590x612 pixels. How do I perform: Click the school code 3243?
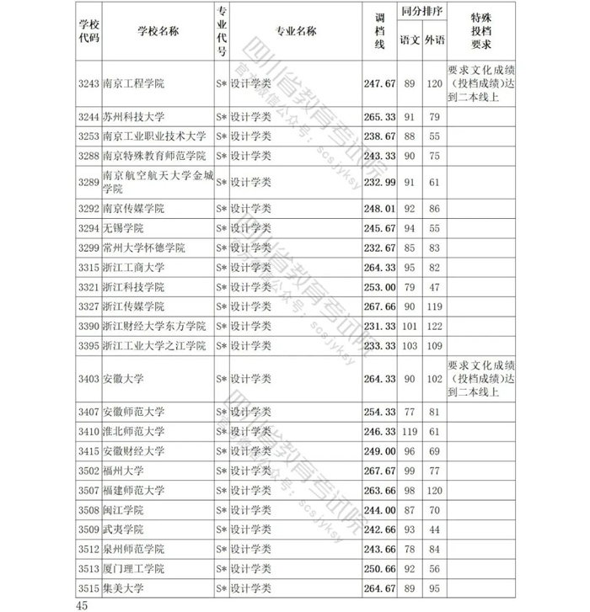88,83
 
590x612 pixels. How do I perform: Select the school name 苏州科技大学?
132,116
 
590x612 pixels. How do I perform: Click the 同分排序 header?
422,14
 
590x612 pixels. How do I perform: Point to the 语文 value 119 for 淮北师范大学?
410,431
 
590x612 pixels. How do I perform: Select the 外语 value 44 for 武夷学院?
435,530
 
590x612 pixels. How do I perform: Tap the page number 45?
81,604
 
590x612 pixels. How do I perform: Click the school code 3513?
88,569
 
